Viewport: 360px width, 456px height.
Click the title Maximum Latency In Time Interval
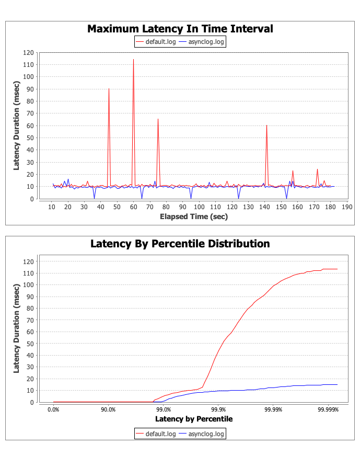180,29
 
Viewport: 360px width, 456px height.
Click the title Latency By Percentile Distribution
180,244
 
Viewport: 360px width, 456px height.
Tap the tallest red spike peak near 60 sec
133,60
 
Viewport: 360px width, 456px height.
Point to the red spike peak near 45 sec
109,89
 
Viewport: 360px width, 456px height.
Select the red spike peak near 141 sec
266,126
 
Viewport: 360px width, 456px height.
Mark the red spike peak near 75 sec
158,119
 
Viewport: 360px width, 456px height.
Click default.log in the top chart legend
158,42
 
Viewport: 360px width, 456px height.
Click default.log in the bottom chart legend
158,434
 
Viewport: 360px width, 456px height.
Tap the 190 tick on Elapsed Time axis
346,207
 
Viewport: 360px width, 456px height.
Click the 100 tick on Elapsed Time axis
199,207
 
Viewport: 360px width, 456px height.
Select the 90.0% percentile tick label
108,409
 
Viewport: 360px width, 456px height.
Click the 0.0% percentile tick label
53,409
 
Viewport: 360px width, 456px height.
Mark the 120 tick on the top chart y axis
28,52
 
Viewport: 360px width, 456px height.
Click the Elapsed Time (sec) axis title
193,216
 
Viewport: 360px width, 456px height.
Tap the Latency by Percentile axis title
193,419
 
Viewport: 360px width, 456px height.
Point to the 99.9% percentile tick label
218,409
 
